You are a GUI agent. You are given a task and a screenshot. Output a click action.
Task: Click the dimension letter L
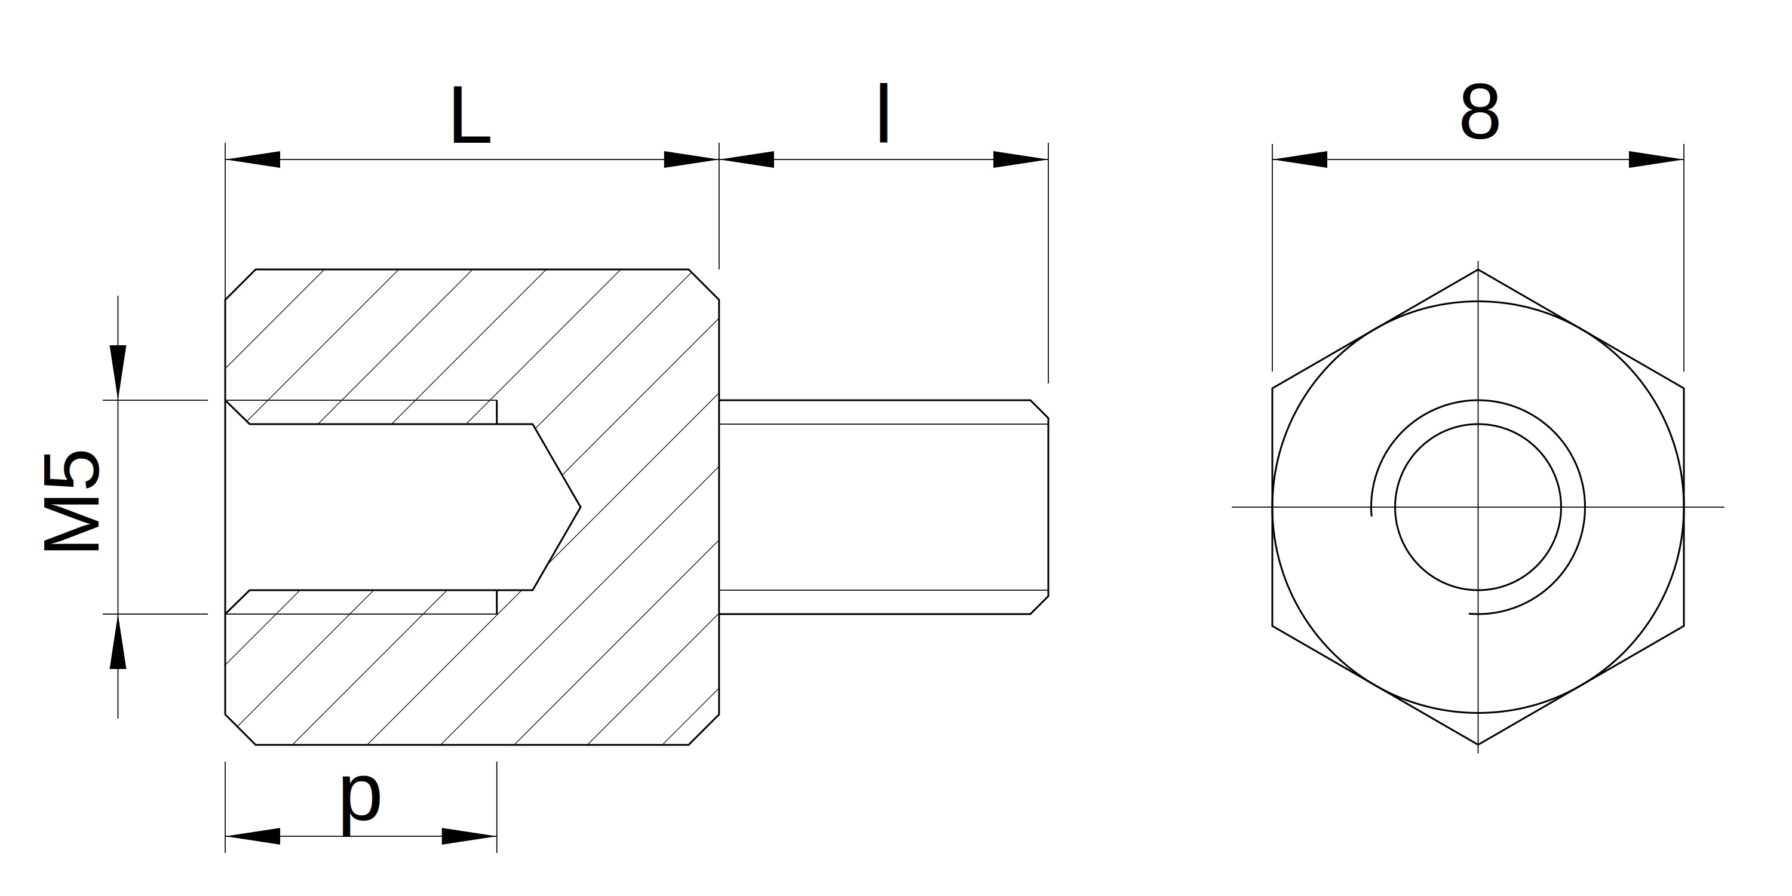(471, 115)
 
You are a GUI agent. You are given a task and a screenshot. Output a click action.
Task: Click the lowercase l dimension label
(883, 113)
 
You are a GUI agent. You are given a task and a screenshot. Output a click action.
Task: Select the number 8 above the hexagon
(1479, 113)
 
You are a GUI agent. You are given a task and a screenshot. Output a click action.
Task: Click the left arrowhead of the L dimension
(253, 159)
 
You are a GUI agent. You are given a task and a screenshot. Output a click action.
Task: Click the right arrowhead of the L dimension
(691, 159)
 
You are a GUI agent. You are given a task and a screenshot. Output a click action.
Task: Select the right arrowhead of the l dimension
(1020, 159)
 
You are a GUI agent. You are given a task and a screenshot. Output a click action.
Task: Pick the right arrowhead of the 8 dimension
(1656, 159)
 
